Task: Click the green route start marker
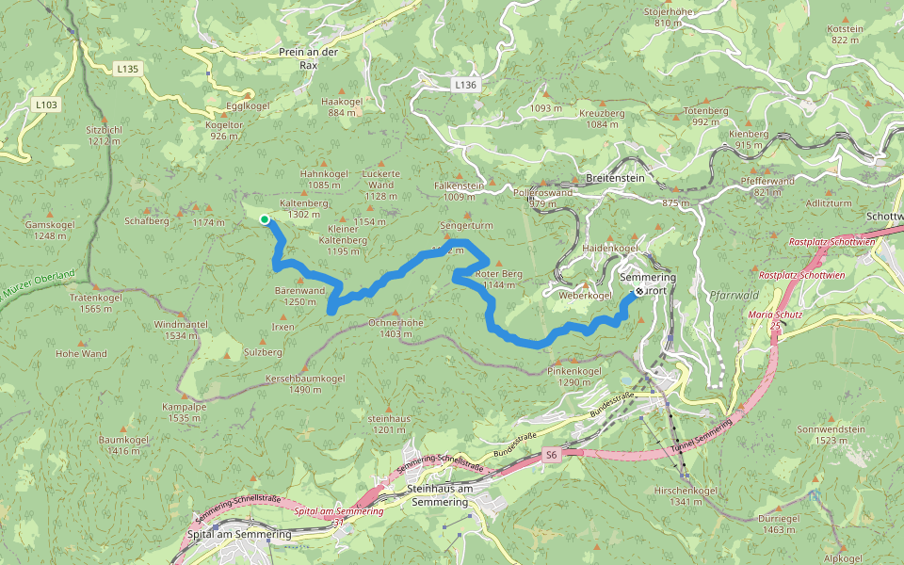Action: point(265,219)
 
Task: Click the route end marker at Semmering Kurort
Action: point(639,291)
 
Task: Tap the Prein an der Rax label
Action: point(308,58)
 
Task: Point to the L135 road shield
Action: point(127,69)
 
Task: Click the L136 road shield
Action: point(465,85)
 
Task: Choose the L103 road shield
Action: point(44,105)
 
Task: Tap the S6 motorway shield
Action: point(552,456)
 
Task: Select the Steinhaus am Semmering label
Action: point(441,496)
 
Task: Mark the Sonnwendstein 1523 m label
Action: point(831,434)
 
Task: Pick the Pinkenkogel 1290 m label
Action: point(574,377)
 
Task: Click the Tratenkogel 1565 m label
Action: point(96,303)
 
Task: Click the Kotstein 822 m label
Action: point(845,35)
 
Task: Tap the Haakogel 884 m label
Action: point(342,106)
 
